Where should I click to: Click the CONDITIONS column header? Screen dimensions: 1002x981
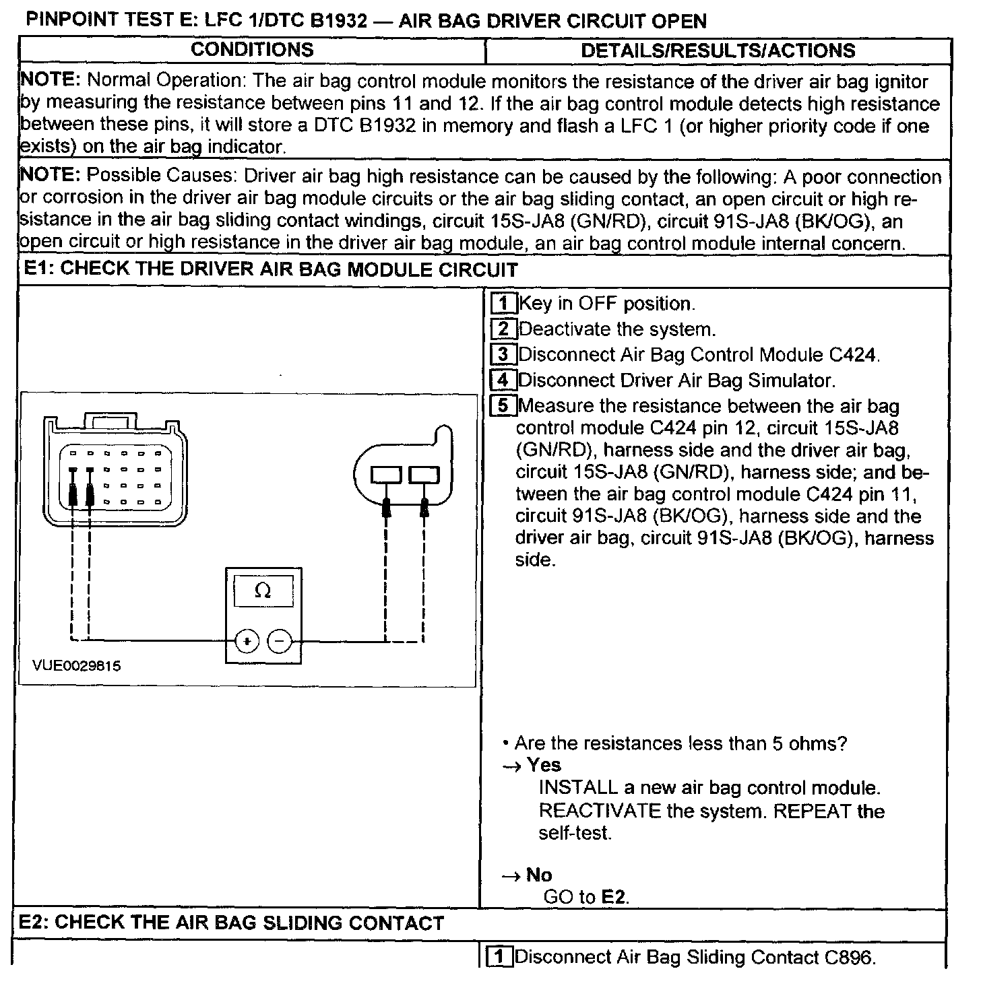252,50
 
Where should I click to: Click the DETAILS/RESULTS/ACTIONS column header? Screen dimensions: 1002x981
718,51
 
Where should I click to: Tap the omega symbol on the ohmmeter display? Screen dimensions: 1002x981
263,591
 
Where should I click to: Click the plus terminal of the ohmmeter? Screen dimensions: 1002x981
247,642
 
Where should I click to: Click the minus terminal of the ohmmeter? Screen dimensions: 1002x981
280,642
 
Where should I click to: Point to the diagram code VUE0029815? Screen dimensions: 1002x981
77,666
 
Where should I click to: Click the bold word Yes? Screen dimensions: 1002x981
544,765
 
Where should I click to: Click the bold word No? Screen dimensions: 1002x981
539,875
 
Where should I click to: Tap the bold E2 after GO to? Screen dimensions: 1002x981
614,897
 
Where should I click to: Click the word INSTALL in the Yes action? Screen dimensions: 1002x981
578,787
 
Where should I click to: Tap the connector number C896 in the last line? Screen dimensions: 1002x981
849,958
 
